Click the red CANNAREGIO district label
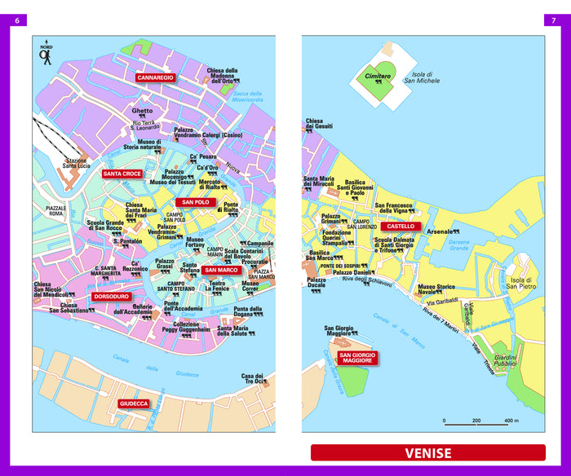click(x=156, y=77)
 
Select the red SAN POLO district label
click(x=196, y=202)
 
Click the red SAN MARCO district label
click(x=220, y=270)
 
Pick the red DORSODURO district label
click(x=111, y=297)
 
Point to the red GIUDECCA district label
click(x=134, y=403)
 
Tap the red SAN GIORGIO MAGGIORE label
click(x=357, y=358)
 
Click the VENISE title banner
click(x=427, y=452)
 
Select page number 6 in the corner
click(x=17, y=20)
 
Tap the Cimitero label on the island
click(x=378, y=76)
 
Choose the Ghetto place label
click(x=143, y=111)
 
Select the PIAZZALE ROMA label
click(x=56, y=211)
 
